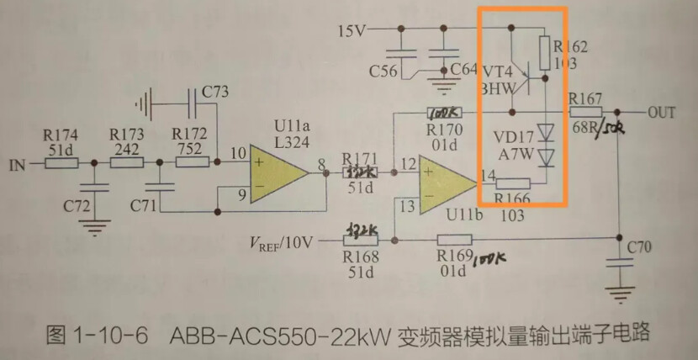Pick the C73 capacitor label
point(215,91)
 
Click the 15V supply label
point(352,31)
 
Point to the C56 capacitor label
point(383,70)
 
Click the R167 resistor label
point(586,98)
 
